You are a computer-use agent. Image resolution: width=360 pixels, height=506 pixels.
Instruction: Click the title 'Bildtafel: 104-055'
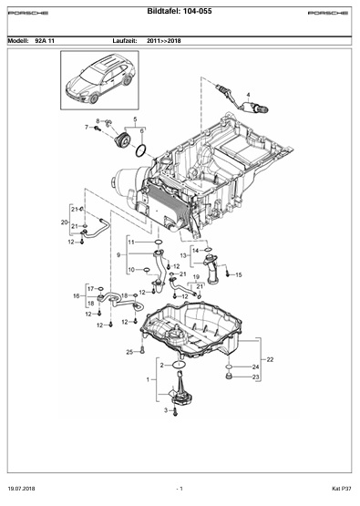tap(180, 11)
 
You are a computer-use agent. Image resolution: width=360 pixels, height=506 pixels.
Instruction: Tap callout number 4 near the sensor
tap(249, 95)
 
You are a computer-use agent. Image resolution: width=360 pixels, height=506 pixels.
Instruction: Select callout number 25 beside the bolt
tap(129, 352)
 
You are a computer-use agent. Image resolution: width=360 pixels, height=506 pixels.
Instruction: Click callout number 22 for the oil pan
tap(270, 359)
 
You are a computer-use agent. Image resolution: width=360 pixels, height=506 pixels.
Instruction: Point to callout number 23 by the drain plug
tap(255, 377)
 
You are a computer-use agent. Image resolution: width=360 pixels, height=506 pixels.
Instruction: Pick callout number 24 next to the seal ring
tap(255, 367)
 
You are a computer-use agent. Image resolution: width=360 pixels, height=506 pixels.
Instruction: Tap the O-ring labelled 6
tap(141, 150)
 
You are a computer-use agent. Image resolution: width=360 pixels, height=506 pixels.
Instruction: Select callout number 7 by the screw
tap(87, 127)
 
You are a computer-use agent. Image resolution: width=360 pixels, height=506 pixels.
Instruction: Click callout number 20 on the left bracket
tap(64, 222)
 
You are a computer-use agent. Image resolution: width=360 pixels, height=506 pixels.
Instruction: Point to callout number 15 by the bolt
tap(239, 275)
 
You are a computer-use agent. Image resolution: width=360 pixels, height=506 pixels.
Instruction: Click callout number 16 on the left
tap(77, 295)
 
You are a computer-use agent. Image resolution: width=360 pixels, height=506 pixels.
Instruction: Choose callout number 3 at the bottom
tap(166, 410)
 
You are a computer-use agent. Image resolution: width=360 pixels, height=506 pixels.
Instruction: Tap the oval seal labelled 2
tap(179, 365)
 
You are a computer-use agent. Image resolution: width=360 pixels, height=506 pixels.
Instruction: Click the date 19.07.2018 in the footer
tap(21, 489)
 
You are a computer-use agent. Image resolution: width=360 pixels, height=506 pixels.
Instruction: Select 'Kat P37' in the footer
tap(342, 489)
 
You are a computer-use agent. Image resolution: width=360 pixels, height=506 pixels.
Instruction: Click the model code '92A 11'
tap(45, 41)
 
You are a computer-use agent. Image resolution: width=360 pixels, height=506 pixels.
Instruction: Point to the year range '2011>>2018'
tap(164, 41)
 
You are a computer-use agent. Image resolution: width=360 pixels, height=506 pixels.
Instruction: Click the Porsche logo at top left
tap(28, 14)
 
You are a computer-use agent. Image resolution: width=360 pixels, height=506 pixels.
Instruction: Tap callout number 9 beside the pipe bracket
tap(118, 255)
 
